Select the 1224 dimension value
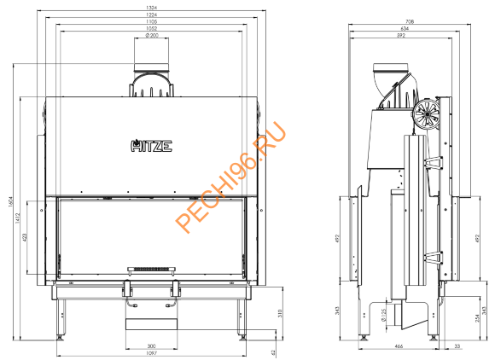tap(151, 16)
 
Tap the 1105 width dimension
tap(151, 23)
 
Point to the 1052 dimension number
tap(151, 30)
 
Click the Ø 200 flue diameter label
tap(151, 37)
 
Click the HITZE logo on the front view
tap(151, 145)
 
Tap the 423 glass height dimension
tap(26, 236)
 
